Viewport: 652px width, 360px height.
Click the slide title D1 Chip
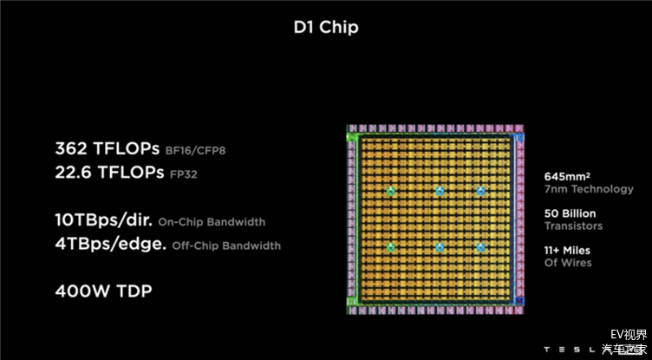pyautogui.click(x=326, y=28)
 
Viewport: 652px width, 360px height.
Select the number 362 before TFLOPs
pyautogui.click(x=71, y=148)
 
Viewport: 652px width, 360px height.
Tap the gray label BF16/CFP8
pyautogui.click(x=195, y=150)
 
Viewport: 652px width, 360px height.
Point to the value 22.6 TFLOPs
pyautogui.click(x=109, y=173)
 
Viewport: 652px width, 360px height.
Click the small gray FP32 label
pyautogui.click(x=184, y=174)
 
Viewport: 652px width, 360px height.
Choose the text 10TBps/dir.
pyautogui.click(x=103, y=220)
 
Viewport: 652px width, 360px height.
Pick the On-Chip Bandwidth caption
pyautogui.click(x=212, y=222)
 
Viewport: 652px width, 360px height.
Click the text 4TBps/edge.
pyautogui.click(x=111, y=245)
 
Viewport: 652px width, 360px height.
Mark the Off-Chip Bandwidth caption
pyautogui.click(x=226, y=245)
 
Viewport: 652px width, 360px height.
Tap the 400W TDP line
pyautogui.click(x=103, y=291)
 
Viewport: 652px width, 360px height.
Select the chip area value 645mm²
pyautogui.click(x=567, y=176)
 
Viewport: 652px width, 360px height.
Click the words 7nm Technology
pyautogui.click(x=589, y=189)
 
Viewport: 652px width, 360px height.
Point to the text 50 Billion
pyautogui.click(x=570, y=213)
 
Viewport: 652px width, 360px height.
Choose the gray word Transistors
pyautogui.click(x=573, y=226)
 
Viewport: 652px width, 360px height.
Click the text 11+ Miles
pyautogui.click(x=567, y=251)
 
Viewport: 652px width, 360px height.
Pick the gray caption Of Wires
pyautogui.click(x=568, y=263)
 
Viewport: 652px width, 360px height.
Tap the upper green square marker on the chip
pyautogui.click(x=390, y=191)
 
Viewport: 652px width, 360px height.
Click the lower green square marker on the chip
pyautogui.click(x=390, y=247)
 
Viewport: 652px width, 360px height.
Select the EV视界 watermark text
pyautogui.click(x=629, y=335)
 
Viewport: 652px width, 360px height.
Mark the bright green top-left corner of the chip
pyautogui.click(x=352, y=137)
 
